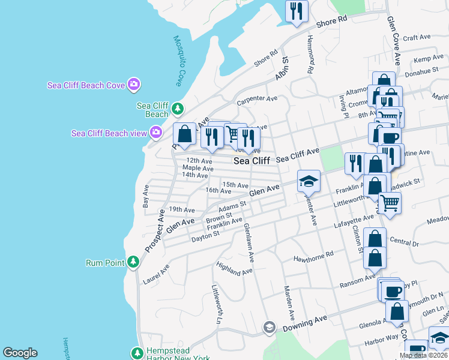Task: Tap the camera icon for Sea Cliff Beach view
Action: [156, 132]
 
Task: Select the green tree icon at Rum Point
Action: [133, 262]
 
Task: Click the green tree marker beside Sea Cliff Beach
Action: [177, 109]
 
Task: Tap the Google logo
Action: [20, 353]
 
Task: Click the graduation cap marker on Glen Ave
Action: [308, 181]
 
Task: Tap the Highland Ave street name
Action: [235, 268]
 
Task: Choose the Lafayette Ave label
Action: [353, 226]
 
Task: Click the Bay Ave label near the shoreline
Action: [145, 196]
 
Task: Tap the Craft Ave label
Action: [417, 37]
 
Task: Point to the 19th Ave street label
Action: [182, 210]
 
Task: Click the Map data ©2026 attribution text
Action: [423, 355]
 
